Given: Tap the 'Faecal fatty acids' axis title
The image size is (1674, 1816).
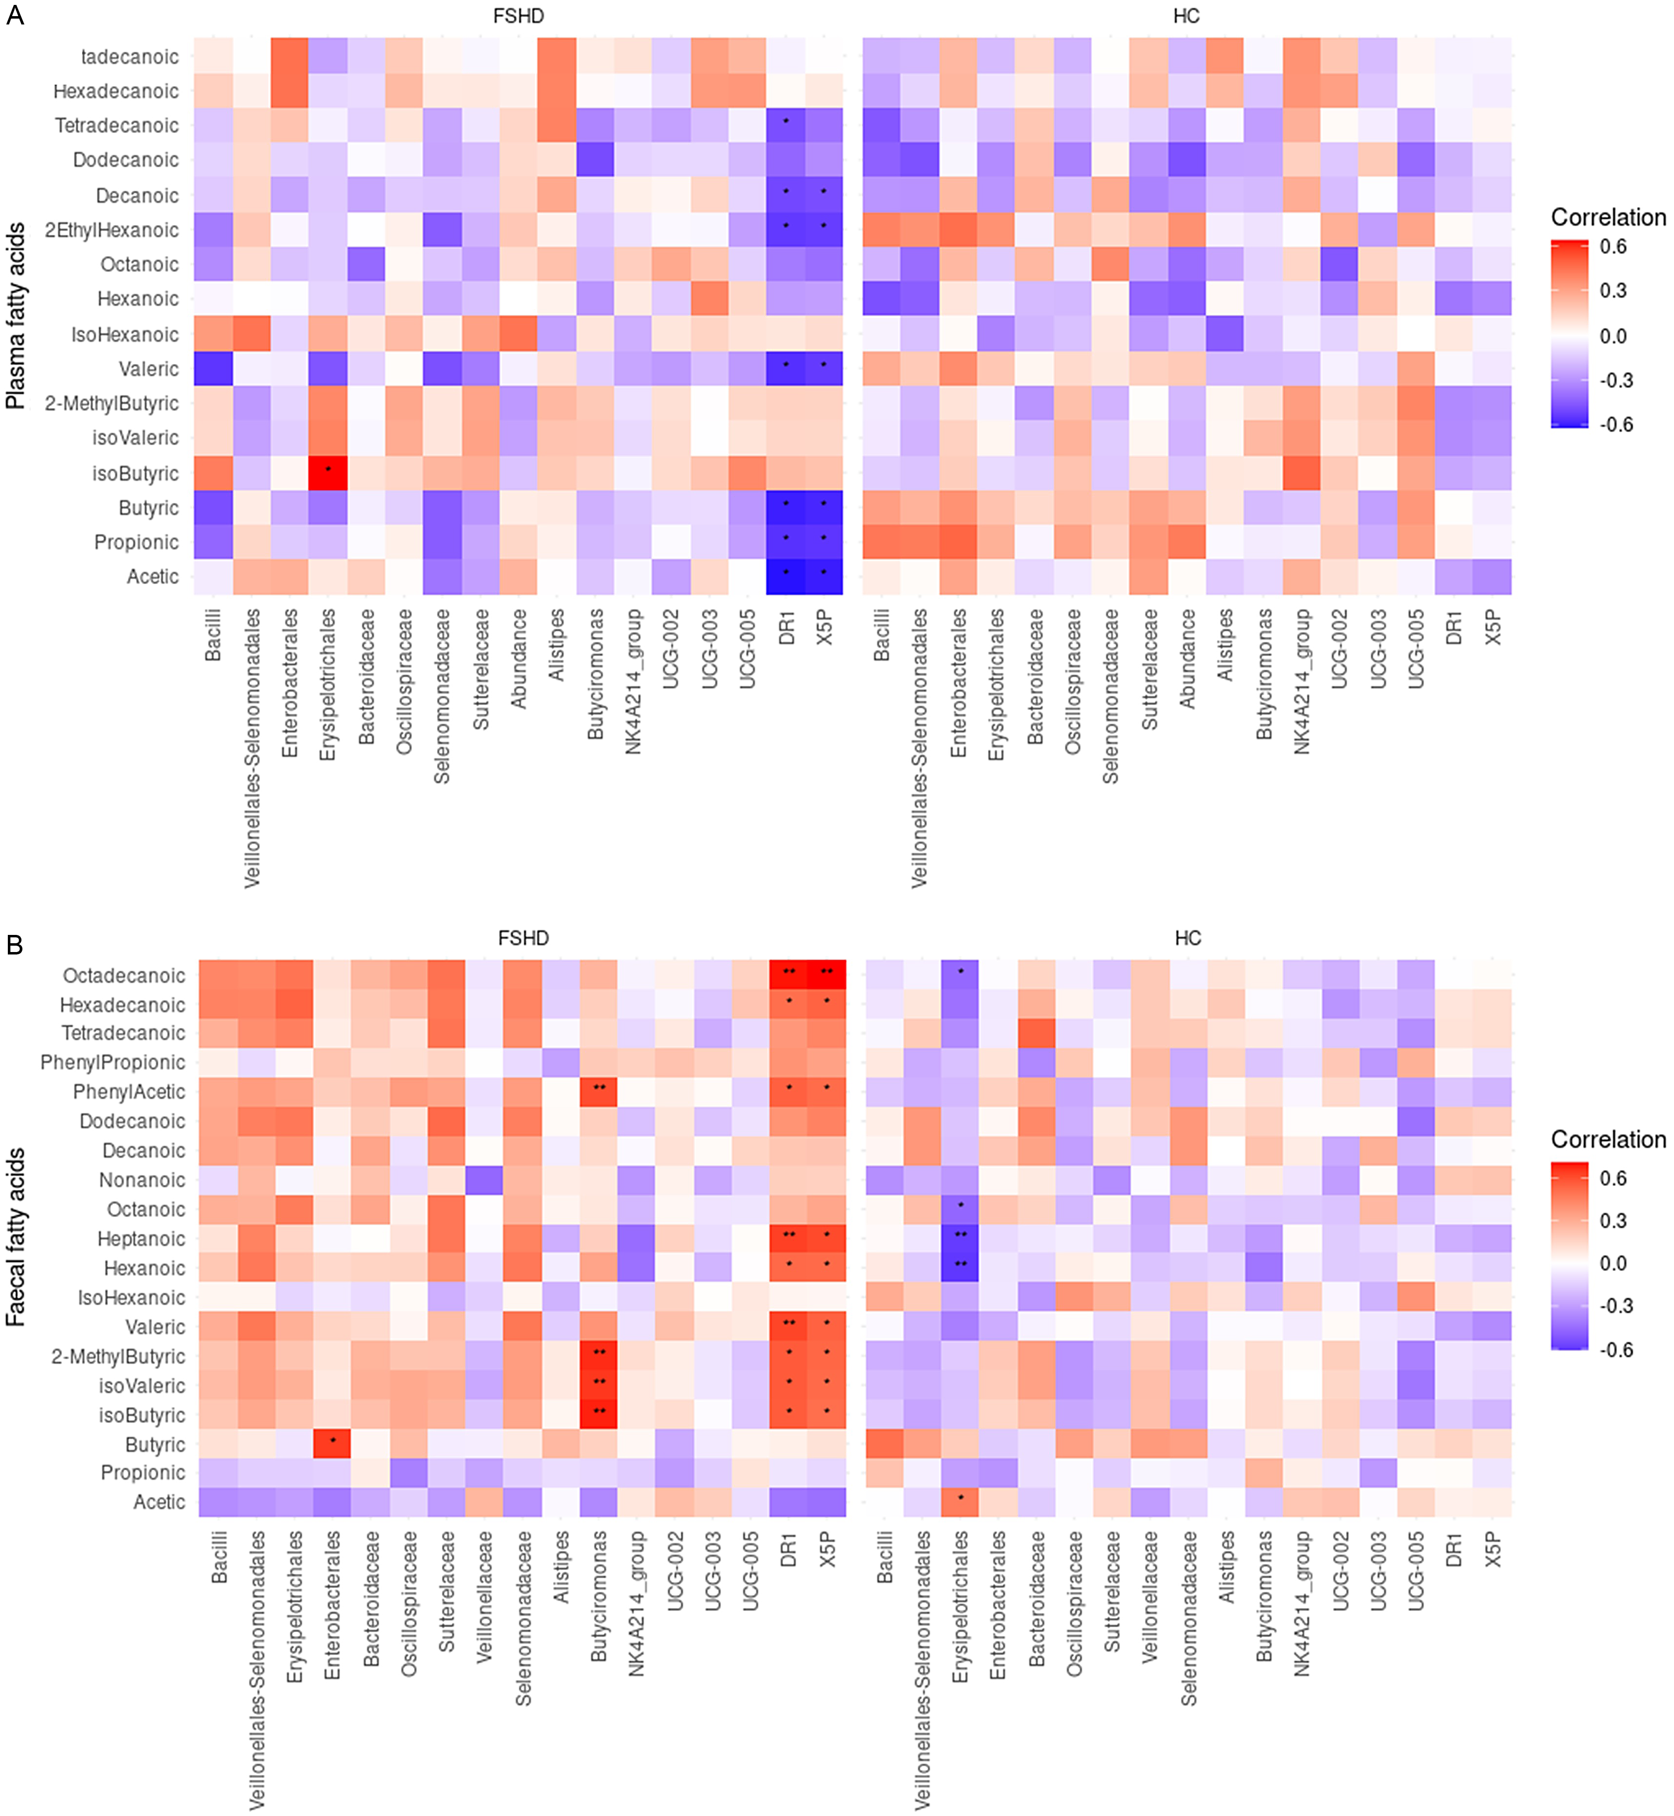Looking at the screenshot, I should (15, 1236).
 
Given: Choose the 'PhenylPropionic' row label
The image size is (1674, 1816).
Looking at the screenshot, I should (113, 1063).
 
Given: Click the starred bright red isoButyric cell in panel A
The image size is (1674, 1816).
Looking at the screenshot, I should (328, 472).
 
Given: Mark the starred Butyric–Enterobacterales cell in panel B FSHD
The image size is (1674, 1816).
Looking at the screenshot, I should (332, 1444).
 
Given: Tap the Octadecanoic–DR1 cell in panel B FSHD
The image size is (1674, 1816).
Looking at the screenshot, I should (788, 975).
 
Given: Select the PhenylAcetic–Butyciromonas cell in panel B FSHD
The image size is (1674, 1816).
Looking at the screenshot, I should (598, 1091).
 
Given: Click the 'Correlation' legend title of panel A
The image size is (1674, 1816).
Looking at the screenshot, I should (1608, 217).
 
